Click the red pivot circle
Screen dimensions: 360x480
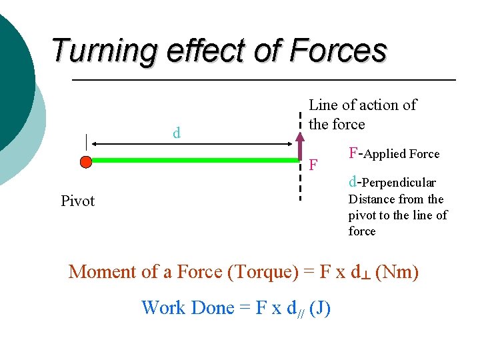click(x=85, y=161)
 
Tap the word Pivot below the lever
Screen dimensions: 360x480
click(x=77, y=201)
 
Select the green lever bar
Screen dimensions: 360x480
click(x=193, y=160)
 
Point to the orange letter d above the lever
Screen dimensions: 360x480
click(x=177, y=133)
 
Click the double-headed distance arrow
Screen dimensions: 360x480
click(x=193, y=143)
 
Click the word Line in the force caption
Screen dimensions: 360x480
click(x=323, y=105)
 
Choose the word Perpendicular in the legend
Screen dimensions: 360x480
click(x=400, y=183)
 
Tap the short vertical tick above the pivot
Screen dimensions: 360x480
click(x=85, y=142)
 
